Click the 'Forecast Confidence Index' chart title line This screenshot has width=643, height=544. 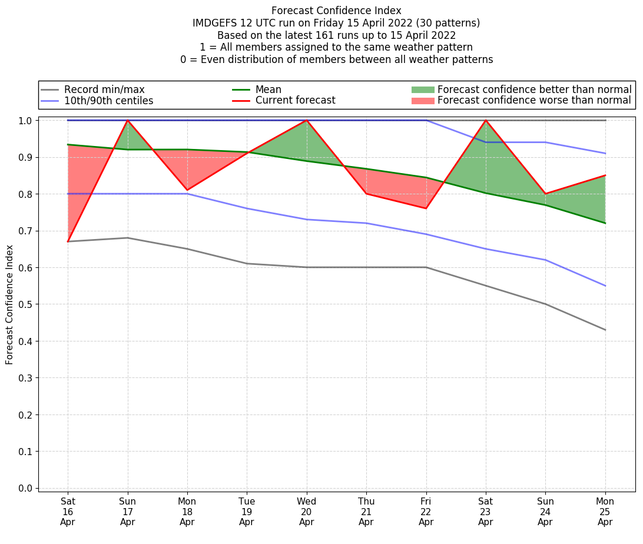336,11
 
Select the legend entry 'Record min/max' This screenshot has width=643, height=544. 104,89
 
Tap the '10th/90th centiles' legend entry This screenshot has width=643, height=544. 108,101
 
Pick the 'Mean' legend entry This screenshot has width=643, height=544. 268,89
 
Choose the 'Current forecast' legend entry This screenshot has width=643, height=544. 295,101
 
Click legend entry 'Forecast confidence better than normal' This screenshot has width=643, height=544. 534,89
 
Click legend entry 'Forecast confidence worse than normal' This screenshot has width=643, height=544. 534,101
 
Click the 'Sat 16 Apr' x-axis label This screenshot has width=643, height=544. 68,511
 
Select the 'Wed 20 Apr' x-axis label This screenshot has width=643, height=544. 307,511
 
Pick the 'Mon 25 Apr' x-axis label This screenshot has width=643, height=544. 605,511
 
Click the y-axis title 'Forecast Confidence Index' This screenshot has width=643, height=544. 9,304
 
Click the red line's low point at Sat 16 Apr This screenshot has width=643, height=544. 68,241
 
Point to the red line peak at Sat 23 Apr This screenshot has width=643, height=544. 486,120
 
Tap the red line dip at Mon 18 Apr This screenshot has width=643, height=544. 187,190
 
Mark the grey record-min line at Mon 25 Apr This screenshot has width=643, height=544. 605,330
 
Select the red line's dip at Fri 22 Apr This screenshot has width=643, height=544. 426,208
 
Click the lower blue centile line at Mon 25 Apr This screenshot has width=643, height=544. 605,286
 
